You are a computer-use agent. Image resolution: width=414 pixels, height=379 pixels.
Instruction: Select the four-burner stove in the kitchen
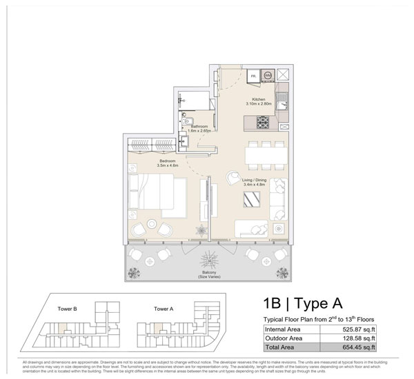pos(264,123)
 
